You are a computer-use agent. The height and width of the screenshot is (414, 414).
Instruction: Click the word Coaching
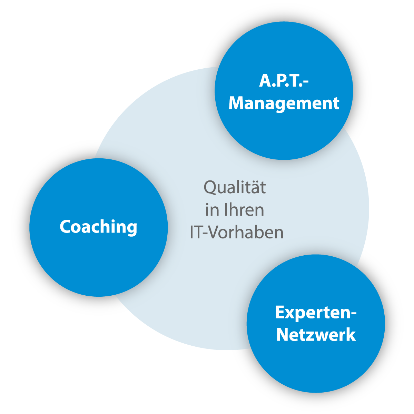point(98,227)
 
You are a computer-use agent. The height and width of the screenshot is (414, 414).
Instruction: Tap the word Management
point(284,104)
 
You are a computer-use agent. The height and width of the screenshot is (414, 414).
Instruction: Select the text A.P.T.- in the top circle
point(284,81)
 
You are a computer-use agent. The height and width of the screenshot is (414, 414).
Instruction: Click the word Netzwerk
point(316,335)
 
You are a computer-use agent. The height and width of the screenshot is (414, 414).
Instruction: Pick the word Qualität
point(235,187)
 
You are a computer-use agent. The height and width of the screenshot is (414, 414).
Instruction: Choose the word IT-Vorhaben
point(237,232)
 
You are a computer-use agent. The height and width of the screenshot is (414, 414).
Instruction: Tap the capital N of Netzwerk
point(283,335)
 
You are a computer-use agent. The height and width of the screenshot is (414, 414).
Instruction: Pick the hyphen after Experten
point(353,314)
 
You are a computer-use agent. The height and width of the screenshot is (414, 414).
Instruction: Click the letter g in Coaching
point(131,230)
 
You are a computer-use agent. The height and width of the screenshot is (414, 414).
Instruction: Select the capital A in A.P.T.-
point(265,81)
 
